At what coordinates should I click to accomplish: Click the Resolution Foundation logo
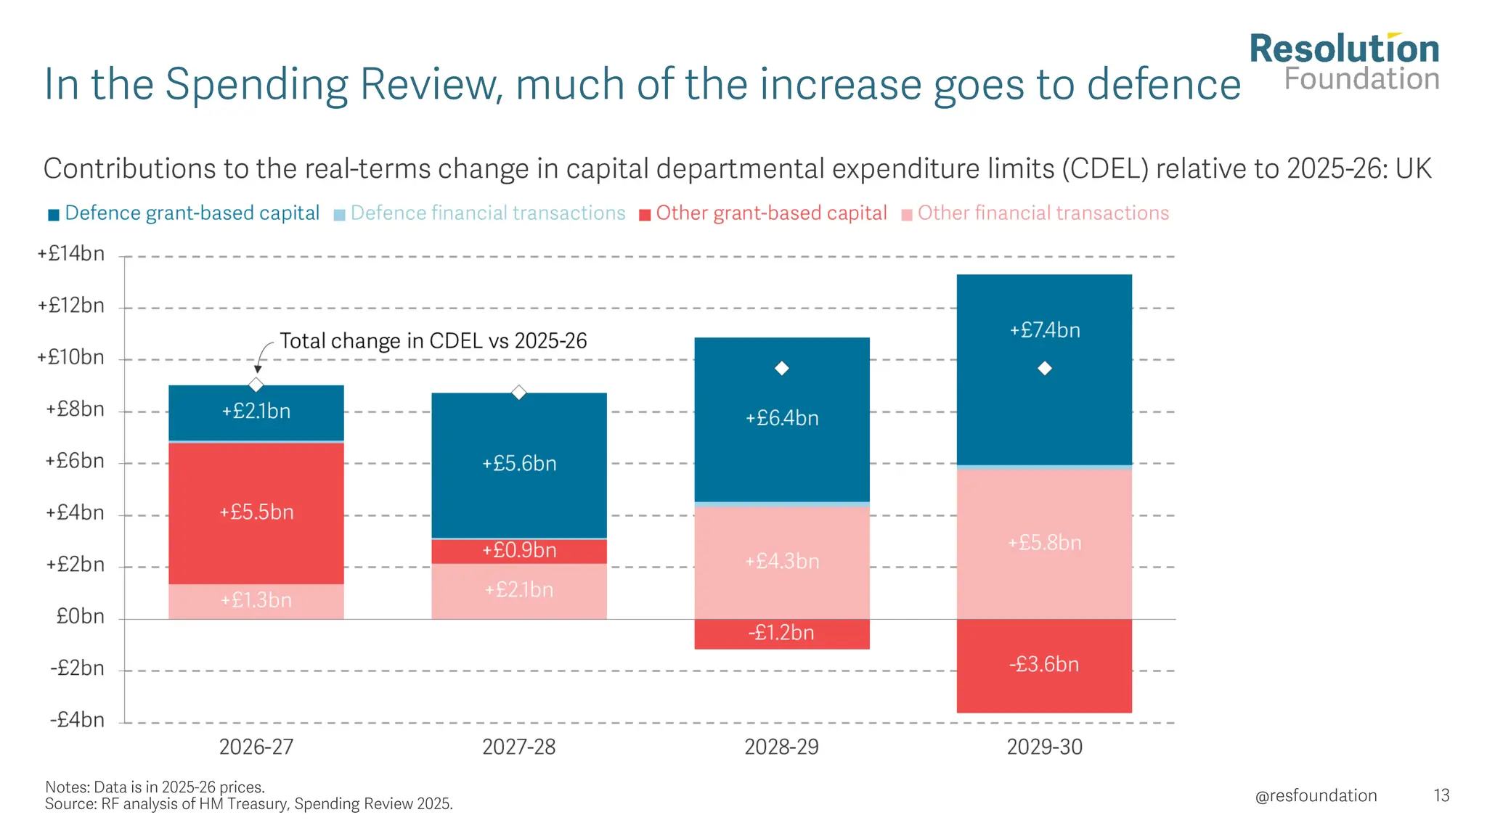(x=1344, y=62)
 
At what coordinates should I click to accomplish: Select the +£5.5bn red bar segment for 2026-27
(x=256, y=512)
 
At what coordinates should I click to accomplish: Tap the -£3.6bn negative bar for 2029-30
(x=1044, y=665)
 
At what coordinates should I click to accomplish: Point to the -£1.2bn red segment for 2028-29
(x=781, y=634)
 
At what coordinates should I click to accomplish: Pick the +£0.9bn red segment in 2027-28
(x=519, y=551)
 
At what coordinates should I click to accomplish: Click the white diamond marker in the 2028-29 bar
(x=782, y=369)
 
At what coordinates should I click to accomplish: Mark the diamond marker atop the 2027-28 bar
(x=519, y=393)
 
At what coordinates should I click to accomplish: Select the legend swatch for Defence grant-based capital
(x=54, y=215)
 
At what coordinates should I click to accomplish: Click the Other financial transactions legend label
(x=1043, y=213)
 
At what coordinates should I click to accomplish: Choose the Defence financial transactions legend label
(x=488, y=213)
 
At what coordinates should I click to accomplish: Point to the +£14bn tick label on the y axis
(x=71, y=254)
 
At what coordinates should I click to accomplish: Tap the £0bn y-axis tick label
(x=80, y=617)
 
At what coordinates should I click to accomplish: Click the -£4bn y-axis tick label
(x=77, y=720)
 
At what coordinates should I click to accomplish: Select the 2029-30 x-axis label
(x=1044, y=747)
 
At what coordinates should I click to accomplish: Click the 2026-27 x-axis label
(x=256, y=747)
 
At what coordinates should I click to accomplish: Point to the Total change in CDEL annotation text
(x=433, y=341)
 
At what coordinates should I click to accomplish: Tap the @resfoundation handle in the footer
(x=1316, y=796)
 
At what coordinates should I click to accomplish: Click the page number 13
(x=1441, y=796)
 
